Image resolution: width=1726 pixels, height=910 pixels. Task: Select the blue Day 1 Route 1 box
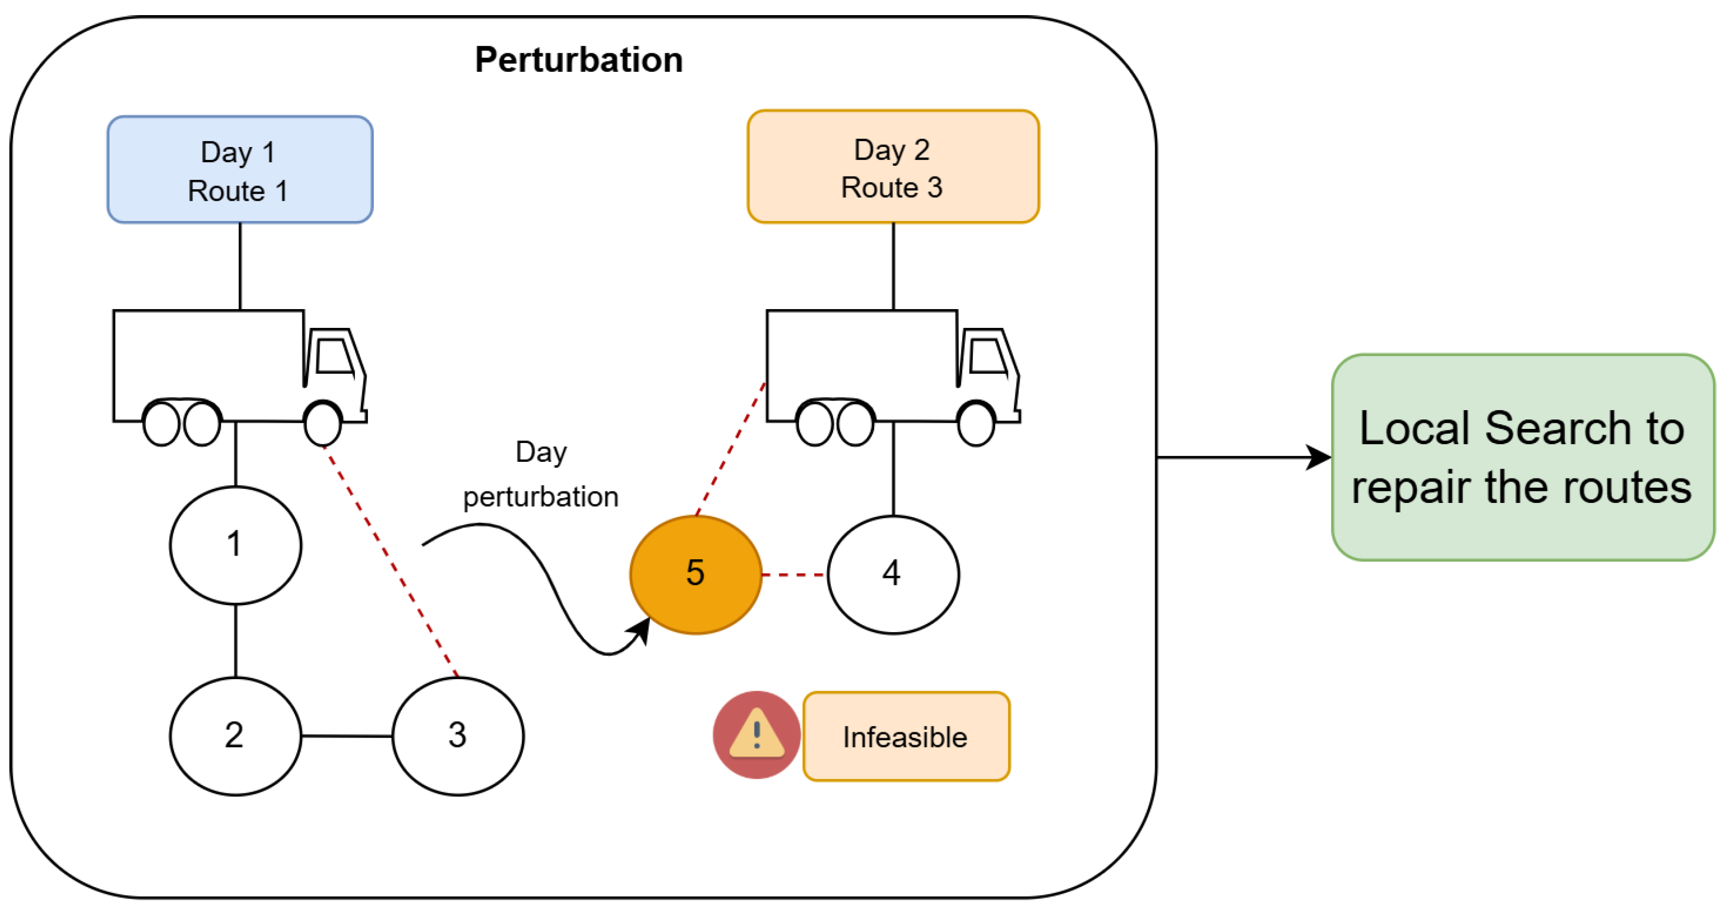coord(240,169)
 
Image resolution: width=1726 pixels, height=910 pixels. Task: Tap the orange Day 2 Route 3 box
coord(893,167)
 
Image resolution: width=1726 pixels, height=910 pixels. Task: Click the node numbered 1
coord(235,545)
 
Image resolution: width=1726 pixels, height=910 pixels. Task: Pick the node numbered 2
coord(235,736)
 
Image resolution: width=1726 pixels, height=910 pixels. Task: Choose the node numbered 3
coord(458,736)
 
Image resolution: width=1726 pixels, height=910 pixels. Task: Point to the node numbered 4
coord(893,574)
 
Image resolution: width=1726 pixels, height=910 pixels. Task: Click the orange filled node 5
coord(695,574)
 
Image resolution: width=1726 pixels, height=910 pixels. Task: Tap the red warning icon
coord(756,734)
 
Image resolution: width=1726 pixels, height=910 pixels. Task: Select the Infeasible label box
coord(906,736)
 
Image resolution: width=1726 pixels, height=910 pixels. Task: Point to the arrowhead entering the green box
coord(1319,458)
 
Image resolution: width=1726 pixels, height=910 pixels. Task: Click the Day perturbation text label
coord(541,474)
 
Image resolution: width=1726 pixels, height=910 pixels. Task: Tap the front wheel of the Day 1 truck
coord(323,423)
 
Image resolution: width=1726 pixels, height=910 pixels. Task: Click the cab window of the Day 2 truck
coord(988,356)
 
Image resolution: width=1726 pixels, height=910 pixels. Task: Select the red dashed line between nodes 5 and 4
coord(794,574)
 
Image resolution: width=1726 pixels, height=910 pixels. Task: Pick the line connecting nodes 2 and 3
coord(347,736)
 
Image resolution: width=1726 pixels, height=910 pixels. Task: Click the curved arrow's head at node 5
coord(640,631)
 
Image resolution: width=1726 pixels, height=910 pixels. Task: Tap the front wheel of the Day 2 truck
coord(976,423)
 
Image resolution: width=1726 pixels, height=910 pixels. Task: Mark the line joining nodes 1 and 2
coord(235,641)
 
